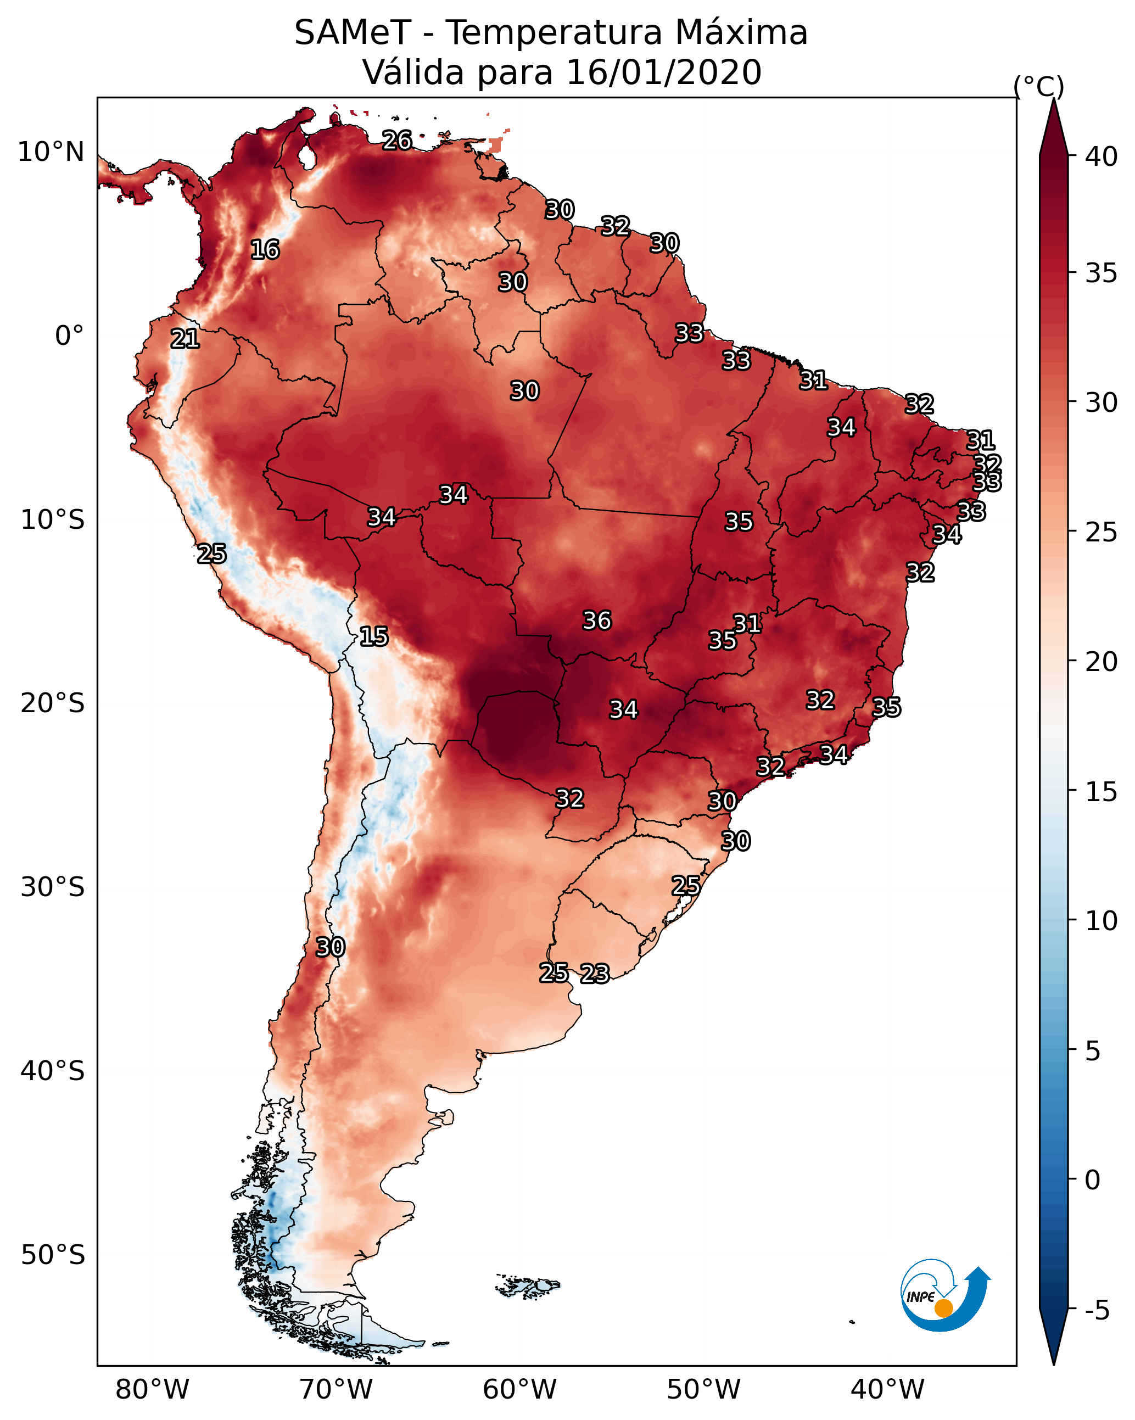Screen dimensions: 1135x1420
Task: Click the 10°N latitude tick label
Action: (x=51, y=152)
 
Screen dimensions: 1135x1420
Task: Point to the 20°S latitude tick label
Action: (x=53, y=703)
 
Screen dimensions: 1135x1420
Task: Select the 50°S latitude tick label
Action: (x=53, y=1255)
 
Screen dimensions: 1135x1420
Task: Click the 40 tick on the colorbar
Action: (x=1102, y=156)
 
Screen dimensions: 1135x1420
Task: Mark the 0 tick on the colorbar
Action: (x=1093, y=1180)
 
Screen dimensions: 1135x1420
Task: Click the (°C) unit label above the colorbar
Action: (x=1039, y=86)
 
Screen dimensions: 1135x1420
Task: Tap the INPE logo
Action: (x=946, y=1298)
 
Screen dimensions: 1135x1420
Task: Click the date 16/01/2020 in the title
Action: (x=663, y=72)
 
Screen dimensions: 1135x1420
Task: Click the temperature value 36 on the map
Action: (x=597, y=620)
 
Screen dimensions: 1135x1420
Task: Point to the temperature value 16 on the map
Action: (x=265, y=250)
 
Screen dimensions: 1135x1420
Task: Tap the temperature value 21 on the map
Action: (x=185, y=339)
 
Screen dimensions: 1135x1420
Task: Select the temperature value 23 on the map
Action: (x=595, y=974)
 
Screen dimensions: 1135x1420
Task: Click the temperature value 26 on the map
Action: (x=397, y=140)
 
